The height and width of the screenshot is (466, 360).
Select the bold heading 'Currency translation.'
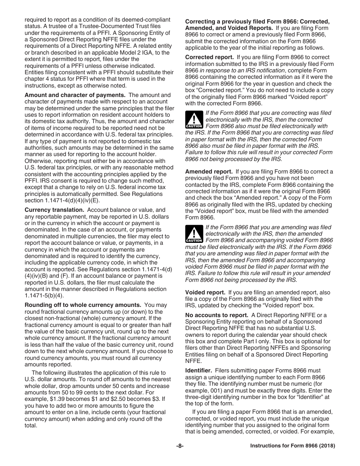[x=54, y=210]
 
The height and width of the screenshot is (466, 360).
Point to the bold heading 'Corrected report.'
[x=209, y=58]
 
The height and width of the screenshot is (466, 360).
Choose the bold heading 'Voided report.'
[x=205, y=292]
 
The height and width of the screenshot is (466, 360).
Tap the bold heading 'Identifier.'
[x=199, y=371]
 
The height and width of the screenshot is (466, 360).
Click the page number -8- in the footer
[x=180, y=446]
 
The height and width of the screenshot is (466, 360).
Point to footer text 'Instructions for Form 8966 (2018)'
[x=293, y=446]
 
